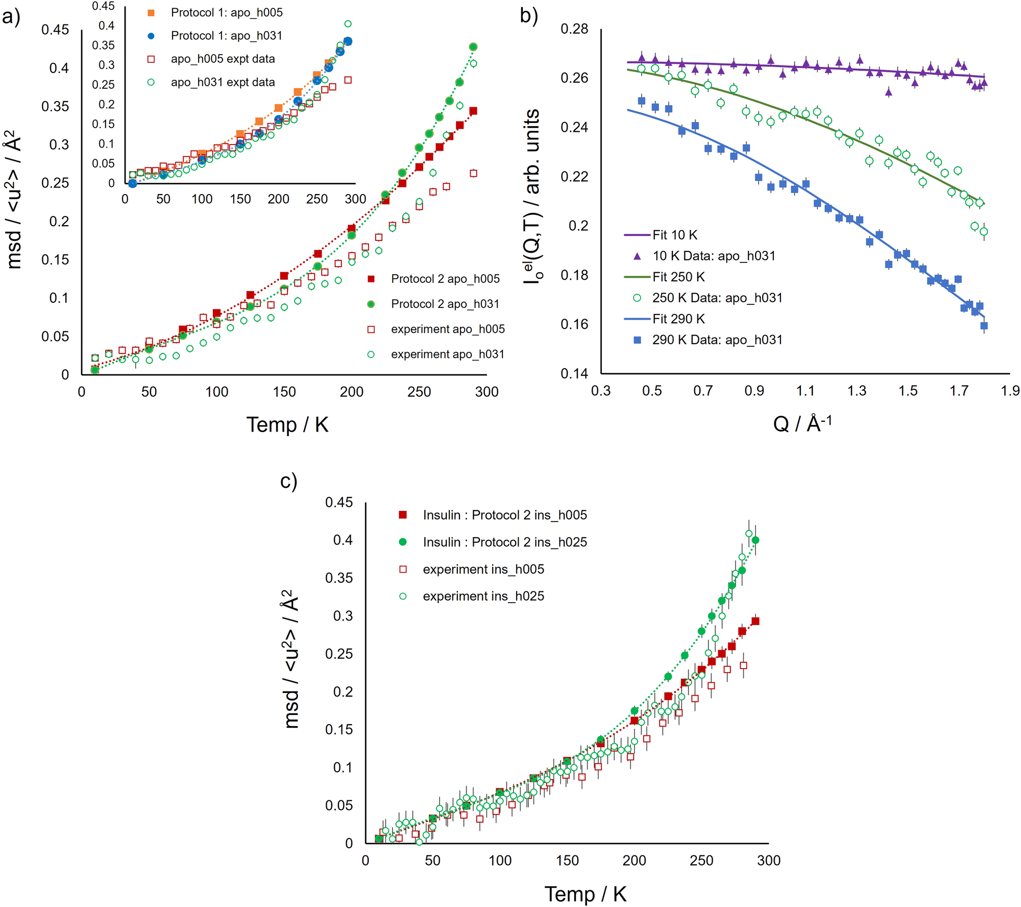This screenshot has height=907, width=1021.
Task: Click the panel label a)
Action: [11, 17]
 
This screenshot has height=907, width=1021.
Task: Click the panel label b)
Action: [529, 16]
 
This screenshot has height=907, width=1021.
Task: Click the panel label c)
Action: [288, 481]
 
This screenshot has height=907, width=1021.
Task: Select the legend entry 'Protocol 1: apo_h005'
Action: [226, 13]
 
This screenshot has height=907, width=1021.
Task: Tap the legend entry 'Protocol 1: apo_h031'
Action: [226, 36]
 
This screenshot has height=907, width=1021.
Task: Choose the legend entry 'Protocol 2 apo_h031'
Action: [445, 304]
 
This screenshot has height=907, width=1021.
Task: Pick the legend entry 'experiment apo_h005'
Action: [447, 329]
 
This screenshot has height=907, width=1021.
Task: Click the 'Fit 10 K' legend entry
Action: [674, 235]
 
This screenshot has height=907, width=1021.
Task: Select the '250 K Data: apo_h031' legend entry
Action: [717, 298]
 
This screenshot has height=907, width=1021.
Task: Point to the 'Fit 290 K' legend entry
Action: [678, 319]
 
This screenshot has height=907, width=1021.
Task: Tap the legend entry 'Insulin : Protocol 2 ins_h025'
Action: [504, 542]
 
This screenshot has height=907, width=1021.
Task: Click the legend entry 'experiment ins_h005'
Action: [483, 569]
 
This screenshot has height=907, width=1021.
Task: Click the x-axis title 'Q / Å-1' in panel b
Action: [802, 423]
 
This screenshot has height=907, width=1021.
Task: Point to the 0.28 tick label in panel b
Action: [574, 29]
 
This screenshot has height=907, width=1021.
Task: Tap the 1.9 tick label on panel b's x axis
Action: [1010, 391]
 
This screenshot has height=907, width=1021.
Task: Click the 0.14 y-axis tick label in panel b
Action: [574, 374]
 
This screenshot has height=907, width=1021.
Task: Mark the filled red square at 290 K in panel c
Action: [756, 621]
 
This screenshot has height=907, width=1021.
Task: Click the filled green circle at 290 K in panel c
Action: [756, 540]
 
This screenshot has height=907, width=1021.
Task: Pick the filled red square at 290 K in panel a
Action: [473, 111]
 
